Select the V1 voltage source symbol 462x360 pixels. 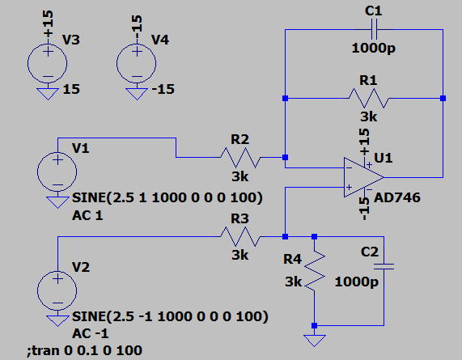[x=57, y=172]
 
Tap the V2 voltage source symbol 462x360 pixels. [x=57, y=290]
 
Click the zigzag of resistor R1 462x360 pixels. [x=369, y=98]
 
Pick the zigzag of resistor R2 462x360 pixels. [x=240, y=158]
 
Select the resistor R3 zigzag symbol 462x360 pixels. [x=240, y=236]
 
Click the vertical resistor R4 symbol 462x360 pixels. [x=315, y=271]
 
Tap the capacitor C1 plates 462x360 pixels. [x=374, y=29]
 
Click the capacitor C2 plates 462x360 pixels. [x=384, y=267]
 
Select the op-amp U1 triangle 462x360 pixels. [x=363, y=177]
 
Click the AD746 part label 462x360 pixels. [x=397, y=197]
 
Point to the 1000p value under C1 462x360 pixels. [x=373, y=48]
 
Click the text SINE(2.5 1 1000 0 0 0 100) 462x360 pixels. [x=167, y=197]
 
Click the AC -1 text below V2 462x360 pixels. [x=90, y=333]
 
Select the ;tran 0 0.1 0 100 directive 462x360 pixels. [x=85, y=350]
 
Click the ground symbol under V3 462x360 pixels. [x=48, y=94]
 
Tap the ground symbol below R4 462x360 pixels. [x=315, y=341]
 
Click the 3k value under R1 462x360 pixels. [x=369, y=117]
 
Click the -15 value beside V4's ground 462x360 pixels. [x=163, y=89]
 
